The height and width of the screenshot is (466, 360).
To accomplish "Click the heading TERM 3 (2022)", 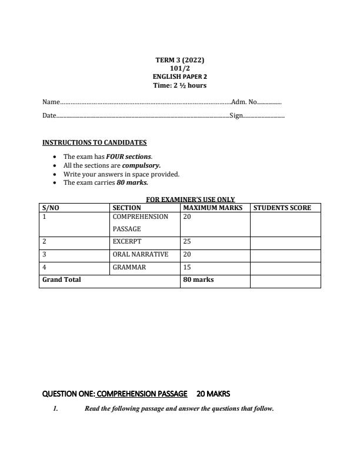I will click(x=179, y=60).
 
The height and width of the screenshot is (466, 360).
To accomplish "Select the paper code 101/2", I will click(x=179, y=68).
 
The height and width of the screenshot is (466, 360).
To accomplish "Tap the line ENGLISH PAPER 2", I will click(x=179, y=76).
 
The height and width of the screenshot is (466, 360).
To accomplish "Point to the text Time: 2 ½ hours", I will click(x=179, y=85).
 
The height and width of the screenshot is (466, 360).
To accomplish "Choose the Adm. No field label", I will click(x=244, y=102).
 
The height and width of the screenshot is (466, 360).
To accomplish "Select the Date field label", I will click(x=49, y=116).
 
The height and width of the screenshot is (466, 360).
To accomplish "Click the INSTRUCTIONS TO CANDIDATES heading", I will click(x=94, y=142).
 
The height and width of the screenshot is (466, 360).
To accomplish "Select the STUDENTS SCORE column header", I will click(x=282, y=208).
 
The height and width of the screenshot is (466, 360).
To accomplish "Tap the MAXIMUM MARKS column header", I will click(x=213, y=208).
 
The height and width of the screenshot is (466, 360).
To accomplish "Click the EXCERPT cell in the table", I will click(x=127, y=241).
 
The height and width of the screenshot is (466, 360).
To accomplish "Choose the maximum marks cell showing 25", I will click(x=188, y=241).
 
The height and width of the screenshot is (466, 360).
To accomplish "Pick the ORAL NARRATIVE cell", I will click(x=140, y=254).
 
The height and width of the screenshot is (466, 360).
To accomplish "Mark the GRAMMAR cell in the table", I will click(x=129, y=267).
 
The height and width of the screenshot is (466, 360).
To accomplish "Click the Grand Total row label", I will click(x=61, y=279).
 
